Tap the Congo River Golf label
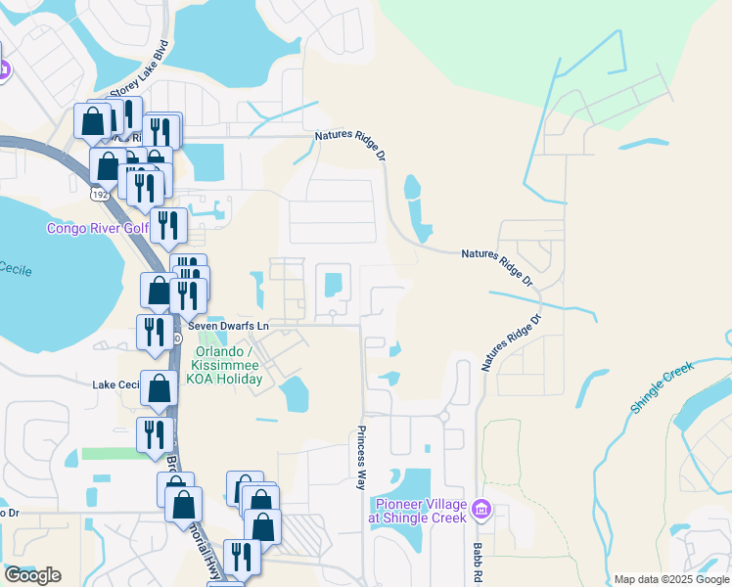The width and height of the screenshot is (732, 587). pos(96,228)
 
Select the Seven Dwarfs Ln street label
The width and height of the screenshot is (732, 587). pos(228,325)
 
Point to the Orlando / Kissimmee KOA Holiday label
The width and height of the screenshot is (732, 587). pos(228,366)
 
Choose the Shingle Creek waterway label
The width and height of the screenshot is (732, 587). pos(662,388)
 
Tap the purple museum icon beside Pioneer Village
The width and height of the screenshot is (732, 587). pos(480,510)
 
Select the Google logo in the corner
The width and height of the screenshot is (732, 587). pos(31,575)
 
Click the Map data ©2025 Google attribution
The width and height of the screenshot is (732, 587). pos(670,579)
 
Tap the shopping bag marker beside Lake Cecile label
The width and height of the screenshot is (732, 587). pos(159,388)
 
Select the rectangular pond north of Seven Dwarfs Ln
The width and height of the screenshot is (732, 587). pos(333,284)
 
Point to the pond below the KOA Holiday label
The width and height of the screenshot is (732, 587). pos(294,395)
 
